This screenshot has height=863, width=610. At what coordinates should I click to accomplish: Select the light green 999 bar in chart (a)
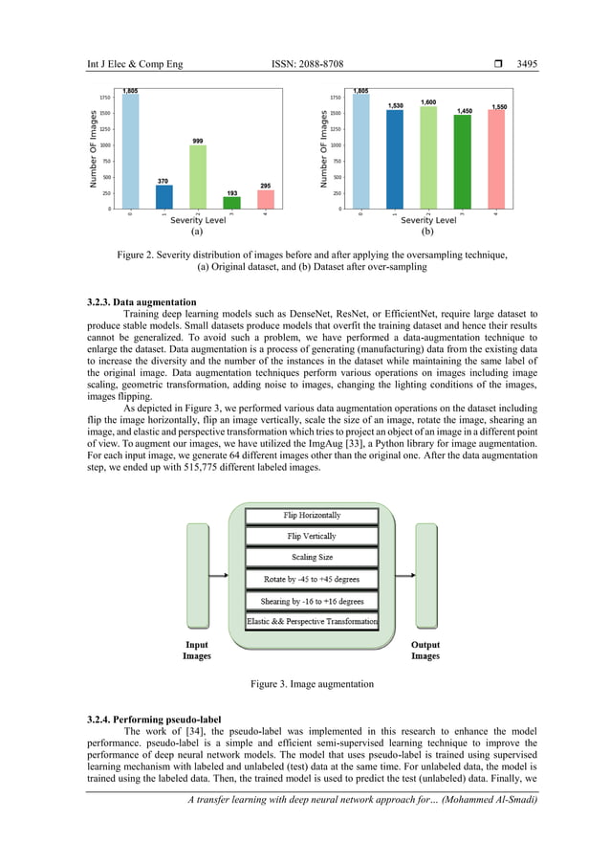click(x=197, y=177)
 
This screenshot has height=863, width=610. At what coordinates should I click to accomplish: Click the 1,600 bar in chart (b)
click(x=428, y=158)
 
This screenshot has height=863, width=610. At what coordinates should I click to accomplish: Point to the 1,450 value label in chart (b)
click(x=463, y=111)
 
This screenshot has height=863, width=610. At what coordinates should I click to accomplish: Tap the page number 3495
click(x=527, y=65)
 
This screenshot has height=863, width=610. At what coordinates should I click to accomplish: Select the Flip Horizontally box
click(x=312, y=516)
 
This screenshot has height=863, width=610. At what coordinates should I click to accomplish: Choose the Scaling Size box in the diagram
click(x=312, y=558)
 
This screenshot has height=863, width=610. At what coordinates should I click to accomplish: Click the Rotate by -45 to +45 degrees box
click(x=312, y=580)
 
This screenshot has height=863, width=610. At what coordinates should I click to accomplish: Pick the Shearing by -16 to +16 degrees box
click(x=312, y=601)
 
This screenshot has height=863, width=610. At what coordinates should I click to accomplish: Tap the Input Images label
click(x=197, y=651)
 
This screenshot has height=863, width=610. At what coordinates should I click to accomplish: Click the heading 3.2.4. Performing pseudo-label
click(x=151, y=718)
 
